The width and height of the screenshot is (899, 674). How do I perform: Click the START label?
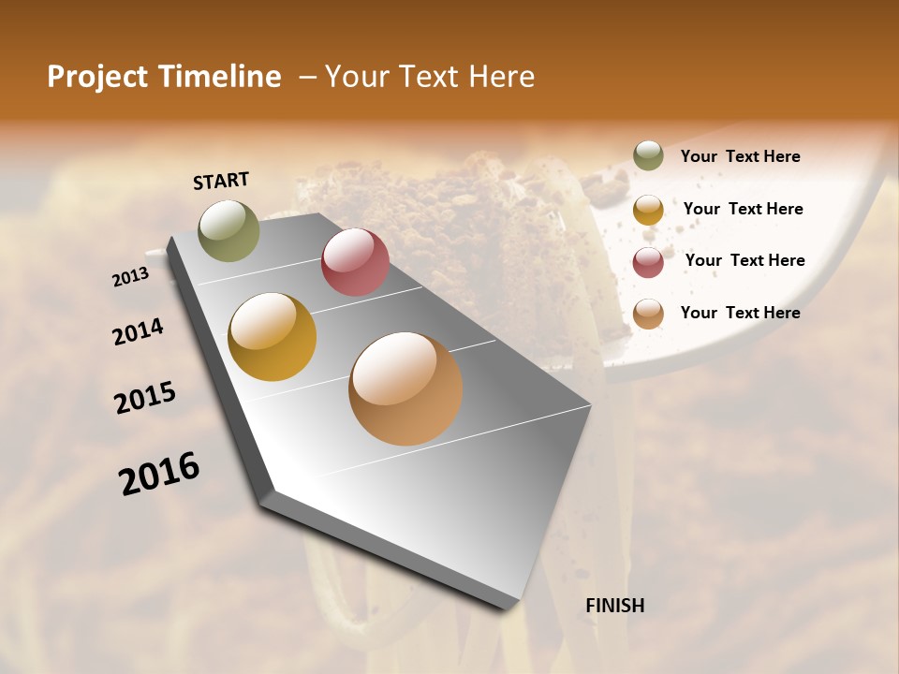(221, 181)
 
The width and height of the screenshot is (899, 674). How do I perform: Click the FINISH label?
(615, 606)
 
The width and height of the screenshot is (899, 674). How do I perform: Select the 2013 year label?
(130, 277)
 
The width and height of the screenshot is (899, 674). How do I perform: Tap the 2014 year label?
(138, 331)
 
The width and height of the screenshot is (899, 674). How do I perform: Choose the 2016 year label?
(159, 474)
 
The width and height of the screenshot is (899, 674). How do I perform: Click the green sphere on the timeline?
(229, 230)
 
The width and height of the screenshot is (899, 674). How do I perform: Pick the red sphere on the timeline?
(355, 262)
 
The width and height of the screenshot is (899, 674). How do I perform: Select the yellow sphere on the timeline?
(273, 337)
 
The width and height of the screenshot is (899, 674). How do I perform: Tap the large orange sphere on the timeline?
(405, 388)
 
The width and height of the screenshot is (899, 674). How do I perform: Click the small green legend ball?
(648, 156)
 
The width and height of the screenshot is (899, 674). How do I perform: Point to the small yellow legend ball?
(648, 210)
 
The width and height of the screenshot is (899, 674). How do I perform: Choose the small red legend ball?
(648, 262)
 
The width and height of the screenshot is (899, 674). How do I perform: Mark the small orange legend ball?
(648, 314)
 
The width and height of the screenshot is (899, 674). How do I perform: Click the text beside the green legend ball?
(740, 156)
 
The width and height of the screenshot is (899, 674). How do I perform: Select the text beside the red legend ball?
(744, 260)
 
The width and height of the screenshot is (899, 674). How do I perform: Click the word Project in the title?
(97, 77)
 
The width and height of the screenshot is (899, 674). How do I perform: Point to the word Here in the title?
(500, 77)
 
